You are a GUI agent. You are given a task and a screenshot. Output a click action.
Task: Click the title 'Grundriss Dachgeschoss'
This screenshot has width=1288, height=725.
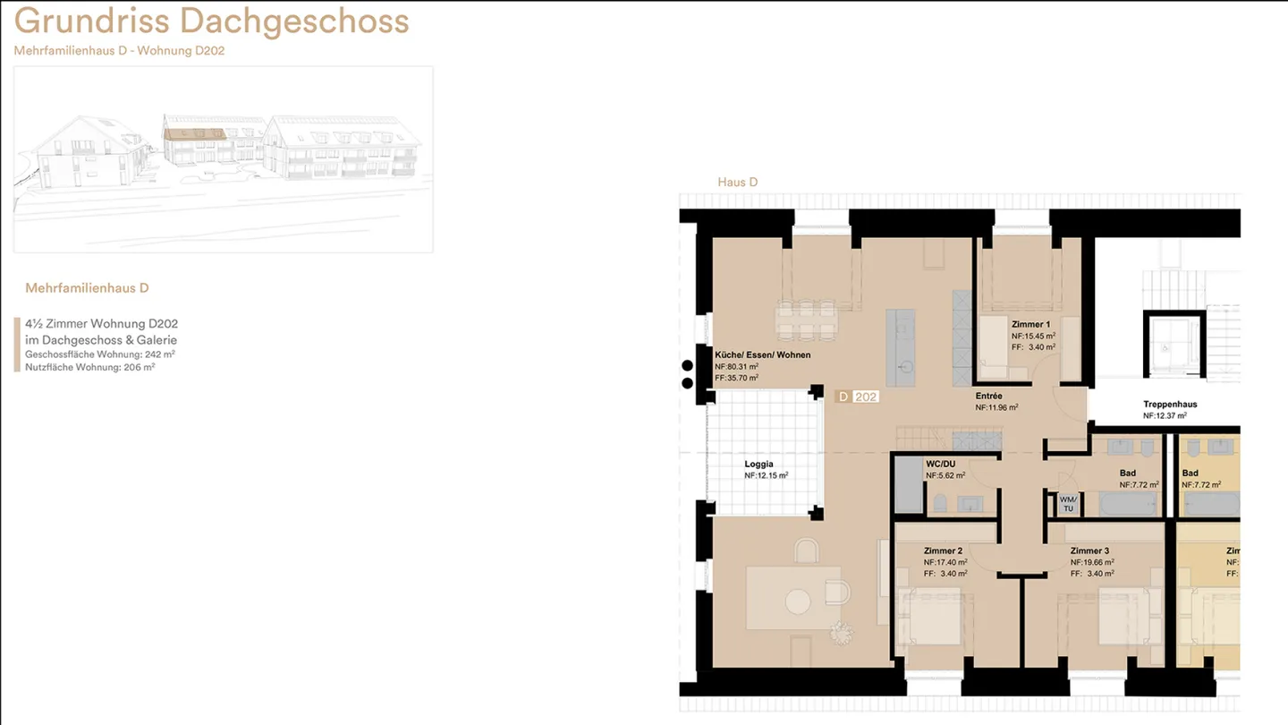212,21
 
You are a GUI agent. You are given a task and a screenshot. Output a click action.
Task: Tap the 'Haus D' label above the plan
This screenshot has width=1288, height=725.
738,183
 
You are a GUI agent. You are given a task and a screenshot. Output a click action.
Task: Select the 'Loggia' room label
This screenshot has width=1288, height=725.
759,465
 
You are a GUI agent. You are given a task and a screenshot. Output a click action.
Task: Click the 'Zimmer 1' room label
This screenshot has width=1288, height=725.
1031,325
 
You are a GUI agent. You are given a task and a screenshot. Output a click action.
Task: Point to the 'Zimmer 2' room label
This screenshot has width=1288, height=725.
943,551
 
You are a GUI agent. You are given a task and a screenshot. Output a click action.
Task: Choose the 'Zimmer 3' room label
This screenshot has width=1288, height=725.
1089,551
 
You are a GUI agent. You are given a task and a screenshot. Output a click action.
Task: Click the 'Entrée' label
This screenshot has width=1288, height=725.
989,396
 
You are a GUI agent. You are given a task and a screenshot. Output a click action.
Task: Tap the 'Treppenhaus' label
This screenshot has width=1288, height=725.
1170,405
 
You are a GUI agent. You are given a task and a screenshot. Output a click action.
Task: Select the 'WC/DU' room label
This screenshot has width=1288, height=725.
941,465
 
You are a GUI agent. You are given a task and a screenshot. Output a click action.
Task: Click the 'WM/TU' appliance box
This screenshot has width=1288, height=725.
1068,504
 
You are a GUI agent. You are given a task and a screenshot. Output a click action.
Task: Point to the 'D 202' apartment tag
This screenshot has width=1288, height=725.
857,397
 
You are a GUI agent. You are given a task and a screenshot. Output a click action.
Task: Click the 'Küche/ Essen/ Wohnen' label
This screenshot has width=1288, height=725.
762,355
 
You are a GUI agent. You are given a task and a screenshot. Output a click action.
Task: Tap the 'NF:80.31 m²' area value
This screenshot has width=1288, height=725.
737,367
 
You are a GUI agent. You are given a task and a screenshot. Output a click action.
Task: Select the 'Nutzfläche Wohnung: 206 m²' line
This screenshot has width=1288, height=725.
89,367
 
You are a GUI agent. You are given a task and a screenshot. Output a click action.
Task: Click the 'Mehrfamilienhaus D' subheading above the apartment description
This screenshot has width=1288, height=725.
87,288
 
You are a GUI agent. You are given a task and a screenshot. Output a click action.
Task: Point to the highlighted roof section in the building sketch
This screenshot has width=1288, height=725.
195,134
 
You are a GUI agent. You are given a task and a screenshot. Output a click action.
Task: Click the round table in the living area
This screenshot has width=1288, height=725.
798,601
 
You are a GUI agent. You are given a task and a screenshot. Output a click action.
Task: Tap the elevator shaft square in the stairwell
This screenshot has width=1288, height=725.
1174,344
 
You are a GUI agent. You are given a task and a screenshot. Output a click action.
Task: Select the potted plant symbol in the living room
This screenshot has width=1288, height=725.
841,633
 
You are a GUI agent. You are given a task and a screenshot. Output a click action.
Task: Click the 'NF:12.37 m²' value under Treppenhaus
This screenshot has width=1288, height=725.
1165,416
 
